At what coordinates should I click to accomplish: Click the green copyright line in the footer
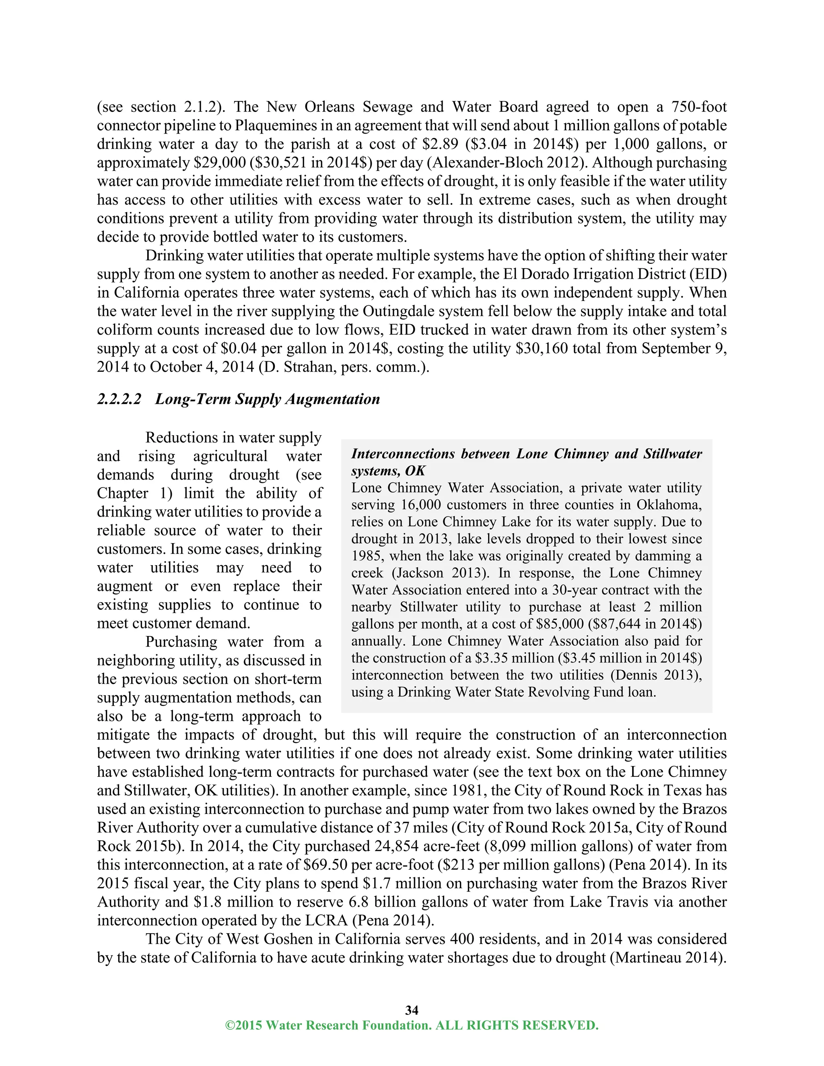pos(412,1025)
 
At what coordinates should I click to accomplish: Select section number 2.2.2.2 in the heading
pos(119,399)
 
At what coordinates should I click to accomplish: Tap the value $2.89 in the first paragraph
pos(428,144)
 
